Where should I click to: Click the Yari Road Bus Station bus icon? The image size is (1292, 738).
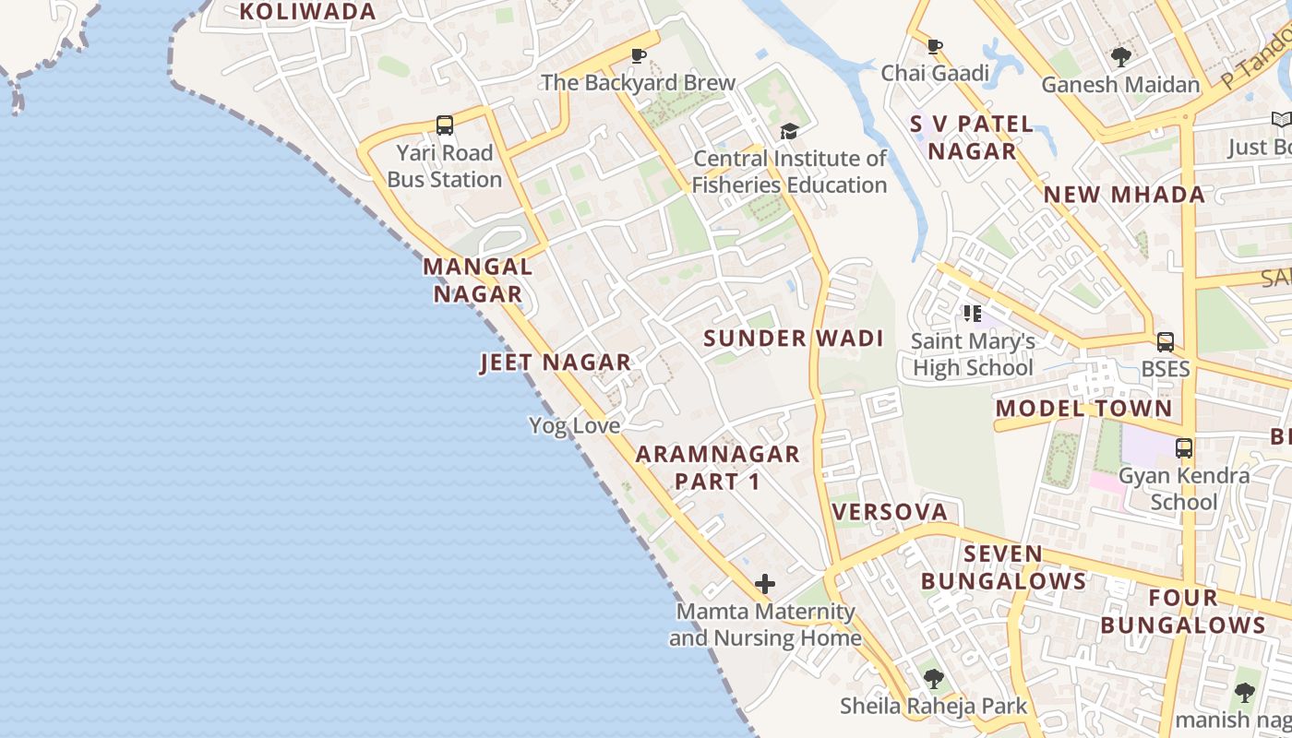(x=444, y=125)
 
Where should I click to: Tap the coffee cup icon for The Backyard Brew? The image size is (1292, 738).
(x=638, y=56)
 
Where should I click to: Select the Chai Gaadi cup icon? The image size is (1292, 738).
(x=935, y=46)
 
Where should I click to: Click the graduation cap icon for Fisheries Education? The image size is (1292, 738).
(x=788, y=132)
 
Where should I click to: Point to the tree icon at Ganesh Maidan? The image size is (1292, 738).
(x=1120, y=57)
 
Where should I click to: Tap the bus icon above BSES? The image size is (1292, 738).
(x=1166, y=342)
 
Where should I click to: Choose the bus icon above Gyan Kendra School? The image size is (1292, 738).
(x=1184, y=449)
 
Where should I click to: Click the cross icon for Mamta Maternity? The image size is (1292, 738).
(x=764, y=584)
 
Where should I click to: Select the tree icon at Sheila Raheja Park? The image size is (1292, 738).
(x=933, y=680)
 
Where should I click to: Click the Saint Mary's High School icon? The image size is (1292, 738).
(x=972, y=315)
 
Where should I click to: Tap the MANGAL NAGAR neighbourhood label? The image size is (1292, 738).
(x=478, y=280)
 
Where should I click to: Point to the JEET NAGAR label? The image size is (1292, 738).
(x=556, y=363)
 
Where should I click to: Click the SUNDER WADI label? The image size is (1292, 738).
(x=794, y=339)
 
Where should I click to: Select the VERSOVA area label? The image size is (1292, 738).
(x=890, y=512)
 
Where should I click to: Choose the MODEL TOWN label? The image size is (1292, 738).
(x=1083, y=409)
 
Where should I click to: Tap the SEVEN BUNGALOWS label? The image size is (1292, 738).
(x=1003, y=567)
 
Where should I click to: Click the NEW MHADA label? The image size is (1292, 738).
(x=1124, y=195)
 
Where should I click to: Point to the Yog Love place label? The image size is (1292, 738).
(x=574, y=425)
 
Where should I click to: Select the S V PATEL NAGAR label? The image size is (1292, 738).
(x=972, y=137)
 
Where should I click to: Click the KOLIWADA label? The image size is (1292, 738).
(x=307, y=11)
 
